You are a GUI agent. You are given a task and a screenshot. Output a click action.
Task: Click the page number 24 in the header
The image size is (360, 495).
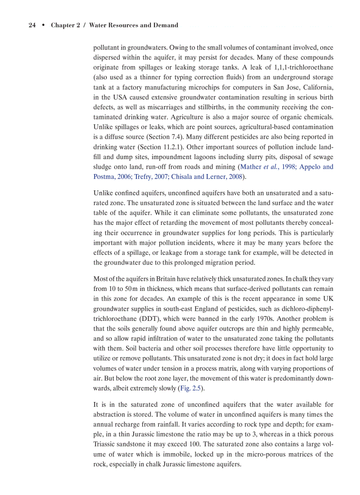[x=32, y=25]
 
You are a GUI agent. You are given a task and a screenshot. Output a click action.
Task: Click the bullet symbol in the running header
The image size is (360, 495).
[x=43, y=25]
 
